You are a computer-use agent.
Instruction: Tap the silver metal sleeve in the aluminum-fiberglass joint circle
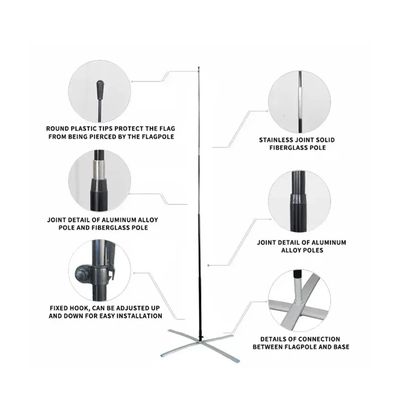pyautogui.click(x=100, y=168)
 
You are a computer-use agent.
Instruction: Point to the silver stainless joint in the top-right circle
pyautogui.click(x=300, y=104)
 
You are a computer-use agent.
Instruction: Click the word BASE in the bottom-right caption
pyautogui.click(x=342, y=347)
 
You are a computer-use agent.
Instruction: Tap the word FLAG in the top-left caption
pyautogui.click(x=167, y=129)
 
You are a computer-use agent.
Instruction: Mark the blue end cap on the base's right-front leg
pyautogui.click(x=237, y=361)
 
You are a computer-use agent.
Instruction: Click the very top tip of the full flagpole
pyautogui.click(x=199, y=67)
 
